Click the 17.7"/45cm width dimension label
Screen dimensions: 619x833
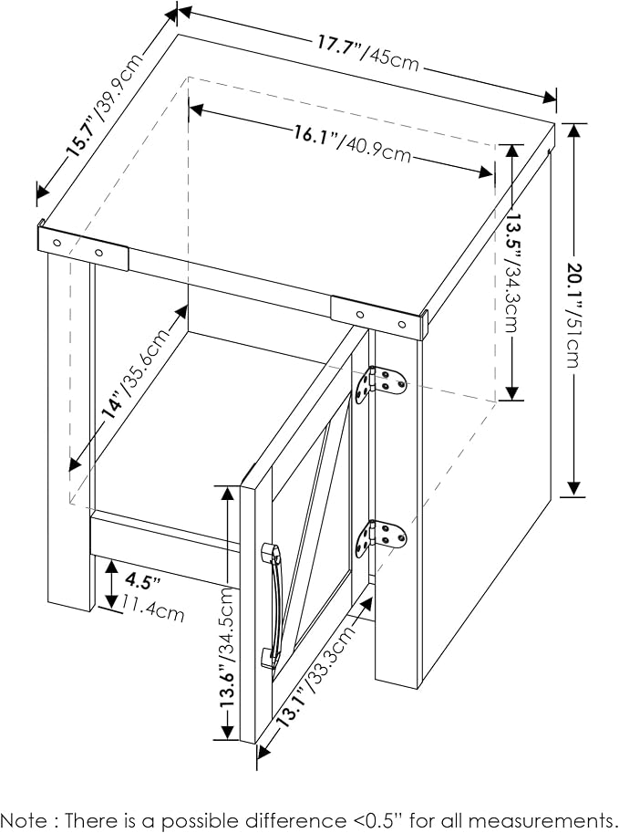pyautogui.click(x=368, y=53)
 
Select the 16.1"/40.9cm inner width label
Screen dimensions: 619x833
pyautogui.click(x=352, y=143)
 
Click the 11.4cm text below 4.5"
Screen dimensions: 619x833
pyautogui.click(x=153, y=609)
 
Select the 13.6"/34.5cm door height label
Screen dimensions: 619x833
pyautogui.click(x=227, y=647)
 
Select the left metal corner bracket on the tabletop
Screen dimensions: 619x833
pyautogui.click(x=83, y=247)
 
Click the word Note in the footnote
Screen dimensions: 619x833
pyautogui.click(x=23, y=820)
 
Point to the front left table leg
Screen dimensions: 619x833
pyautogui.click(x=71, y=431)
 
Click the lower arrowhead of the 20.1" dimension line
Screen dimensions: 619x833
pyautogui.click(x=573, y=488)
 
